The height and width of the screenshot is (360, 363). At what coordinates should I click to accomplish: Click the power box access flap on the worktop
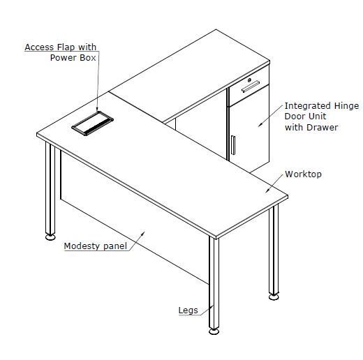[x=92, y=123]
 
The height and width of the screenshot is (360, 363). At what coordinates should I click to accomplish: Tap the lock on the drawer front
[x=249, y=80]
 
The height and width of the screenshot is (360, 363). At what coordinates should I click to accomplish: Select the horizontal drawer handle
[x=251, y=87]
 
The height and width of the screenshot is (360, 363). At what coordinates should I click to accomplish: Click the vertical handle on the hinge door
[x=233, y=145]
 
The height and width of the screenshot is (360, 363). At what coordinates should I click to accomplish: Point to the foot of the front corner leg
[x=214, y=331]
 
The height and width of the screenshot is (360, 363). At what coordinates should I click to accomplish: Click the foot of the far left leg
[x=50, y=237]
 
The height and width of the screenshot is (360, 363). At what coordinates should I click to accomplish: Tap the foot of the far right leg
[x=274, y=297]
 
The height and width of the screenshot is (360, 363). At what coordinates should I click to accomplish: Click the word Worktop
[x=303, y=174]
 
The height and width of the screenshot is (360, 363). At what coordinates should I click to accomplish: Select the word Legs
[x=188, y=310]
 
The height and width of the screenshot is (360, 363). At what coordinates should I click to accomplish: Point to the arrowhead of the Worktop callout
[x=267, y=191]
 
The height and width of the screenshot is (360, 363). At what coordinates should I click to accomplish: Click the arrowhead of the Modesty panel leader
[x=143, y=232]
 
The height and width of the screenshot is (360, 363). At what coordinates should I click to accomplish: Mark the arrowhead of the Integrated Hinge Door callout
[x=260, y=126]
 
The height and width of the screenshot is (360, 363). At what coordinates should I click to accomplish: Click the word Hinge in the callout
[x=346, y=106]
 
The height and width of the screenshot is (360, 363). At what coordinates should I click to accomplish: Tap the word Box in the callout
[x=88, y=58]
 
